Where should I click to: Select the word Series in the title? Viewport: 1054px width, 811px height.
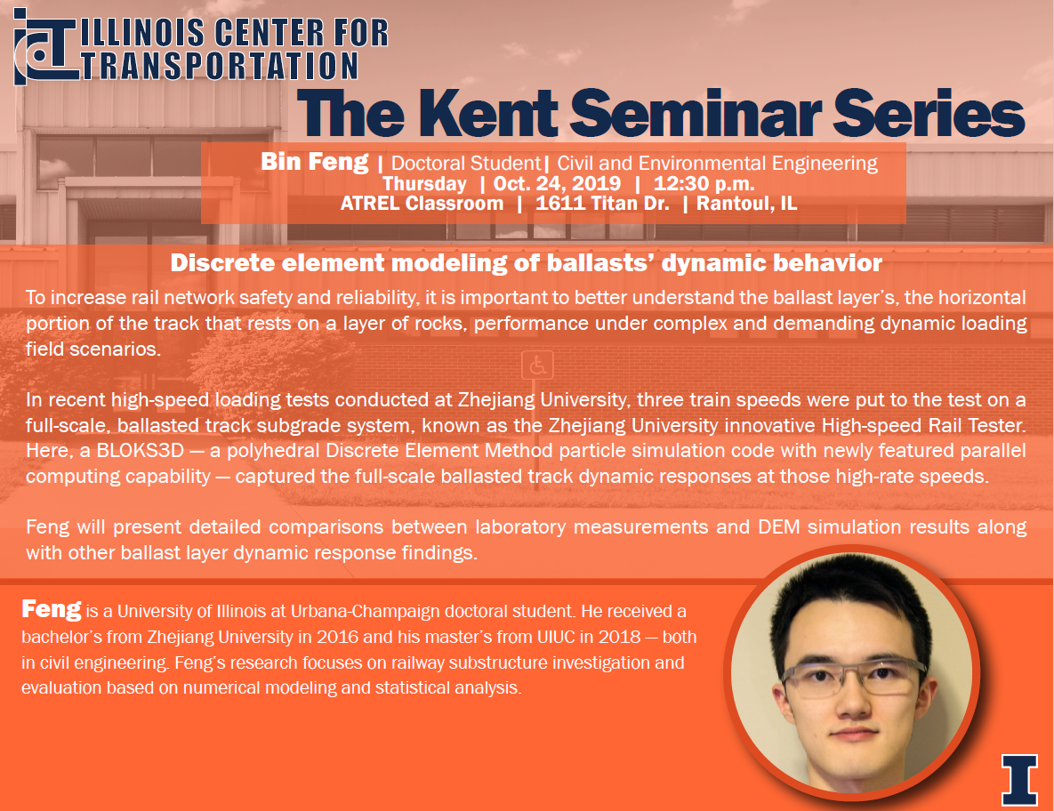929,113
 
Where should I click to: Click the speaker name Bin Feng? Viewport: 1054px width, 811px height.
315,162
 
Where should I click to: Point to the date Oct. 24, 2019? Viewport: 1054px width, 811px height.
558,183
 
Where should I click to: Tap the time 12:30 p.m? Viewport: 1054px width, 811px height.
704,183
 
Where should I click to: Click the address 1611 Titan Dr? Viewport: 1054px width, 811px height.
602,204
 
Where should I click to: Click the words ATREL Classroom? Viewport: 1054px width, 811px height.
422,204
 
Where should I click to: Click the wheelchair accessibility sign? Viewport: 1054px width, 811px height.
537,365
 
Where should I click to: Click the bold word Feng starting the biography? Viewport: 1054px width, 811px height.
51,609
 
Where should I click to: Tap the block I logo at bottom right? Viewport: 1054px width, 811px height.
1019,779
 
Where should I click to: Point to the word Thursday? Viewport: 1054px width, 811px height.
424,183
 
